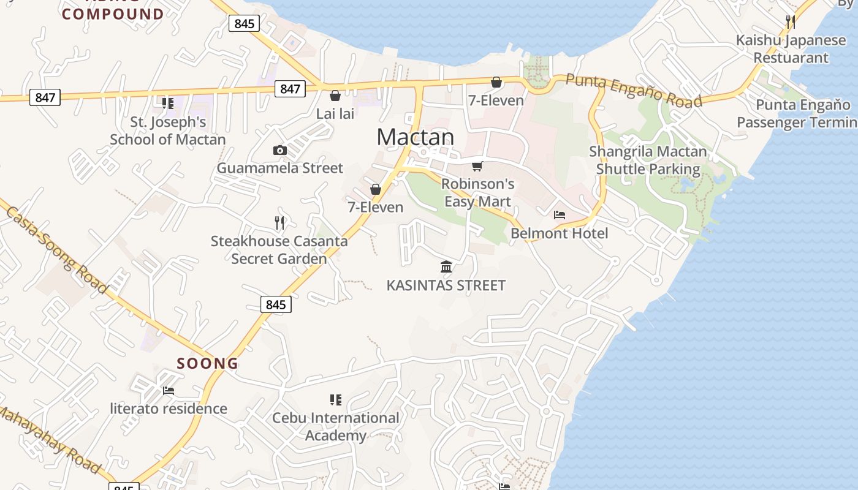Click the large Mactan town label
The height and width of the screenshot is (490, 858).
[x=416, y=137]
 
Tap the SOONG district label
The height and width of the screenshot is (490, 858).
[x=208, y=363]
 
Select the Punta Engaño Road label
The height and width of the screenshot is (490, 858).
[x=633, y=90]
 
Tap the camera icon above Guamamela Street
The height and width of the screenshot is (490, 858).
[x=279, y=150]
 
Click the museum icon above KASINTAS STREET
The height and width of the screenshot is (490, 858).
[x=446, y=266]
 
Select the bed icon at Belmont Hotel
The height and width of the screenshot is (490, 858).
[x=560, y=215]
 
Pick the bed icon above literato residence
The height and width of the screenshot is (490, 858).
[x=169, y=390]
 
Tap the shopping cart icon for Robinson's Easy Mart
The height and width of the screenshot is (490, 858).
[x=477, y=166]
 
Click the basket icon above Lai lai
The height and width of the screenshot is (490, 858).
[x=335, y=96]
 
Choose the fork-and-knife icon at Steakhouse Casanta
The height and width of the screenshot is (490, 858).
[x=279, y=223]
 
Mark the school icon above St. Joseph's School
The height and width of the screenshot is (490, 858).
[x=167, y=103]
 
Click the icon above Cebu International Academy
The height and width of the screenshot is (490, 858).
[x=335, y=400]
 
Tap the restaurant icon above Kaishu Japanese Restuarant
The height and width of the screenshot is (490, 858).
[x=791, y=22]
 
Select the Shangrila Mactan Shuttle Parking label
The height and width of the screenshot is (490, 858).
[x=648, y=160]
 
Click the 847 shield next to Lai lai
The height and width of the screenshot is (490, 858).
[x=290, y=89]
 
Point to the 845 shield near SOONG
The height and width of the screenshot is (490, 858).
[x=276, y=304]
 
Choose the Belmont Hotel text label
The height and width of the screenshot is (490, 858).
[x=559, y=233]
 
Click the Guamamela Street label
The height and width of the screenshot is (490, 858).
[x=279, y=168]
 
